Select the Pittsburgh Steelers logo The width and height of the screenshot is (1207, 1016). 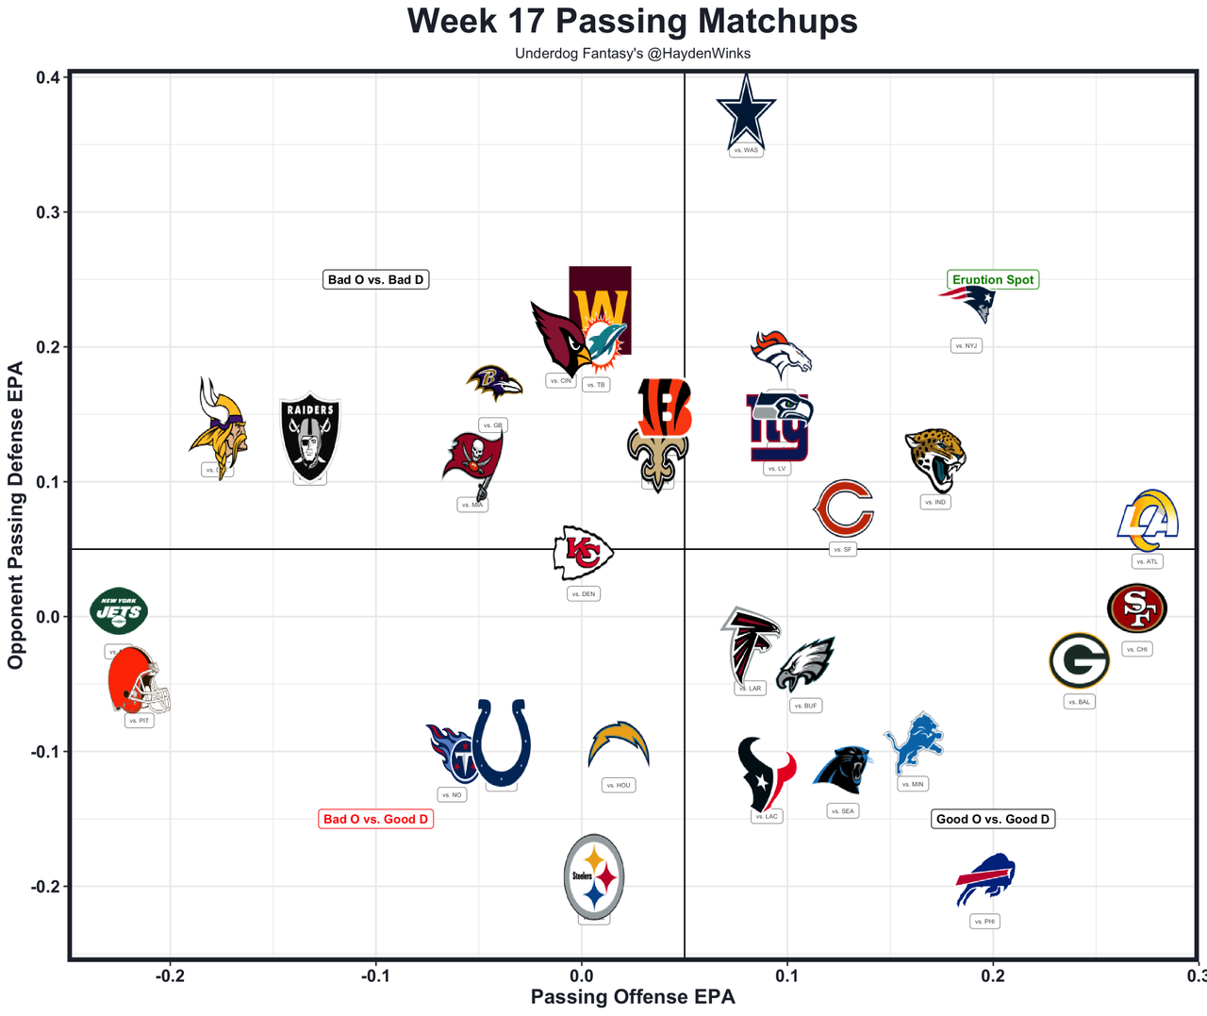[594, 877]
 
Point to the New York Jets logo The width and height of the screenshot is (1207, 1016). [119, 610]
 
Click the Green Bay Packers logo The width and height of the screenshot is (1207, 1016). [1079, 661]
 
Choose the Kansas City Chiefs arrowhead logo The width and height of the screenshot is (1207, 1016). [583, 553]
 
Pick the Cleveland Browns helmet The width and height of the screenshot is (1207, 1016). [138, 681]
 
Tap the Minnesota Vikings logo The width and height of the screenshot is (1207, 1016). [219, 429]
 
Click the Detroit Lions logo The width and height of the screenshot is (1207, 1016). [913, 742]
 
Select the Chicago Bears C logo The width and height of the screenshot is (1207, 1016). [843, 509]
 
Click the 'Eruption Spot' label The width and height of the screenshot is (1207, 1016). [993, 279]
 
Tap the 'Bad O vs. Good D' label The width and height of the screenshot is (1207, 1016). [376, 819]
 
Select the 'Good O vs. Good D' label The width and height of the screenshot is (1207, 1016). [993, 819]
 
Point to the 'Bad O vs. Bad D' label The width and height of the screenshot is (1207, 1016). [376, 279]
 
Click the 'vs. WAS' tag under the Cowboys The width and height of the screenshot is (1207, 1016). [746, 150]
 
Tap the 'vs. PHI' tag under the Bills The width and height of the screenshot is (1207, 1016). [984, 922]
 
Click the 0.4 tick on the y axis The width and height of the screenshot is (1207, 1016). [48, 77]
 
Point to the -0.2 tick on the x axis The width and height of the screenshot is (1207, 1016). [170, 974]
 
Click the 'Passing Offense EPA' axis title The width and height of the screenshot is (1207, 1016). [633, 997]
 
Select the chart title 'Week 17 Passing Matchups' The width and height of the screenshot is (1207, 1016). [633, 21]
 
